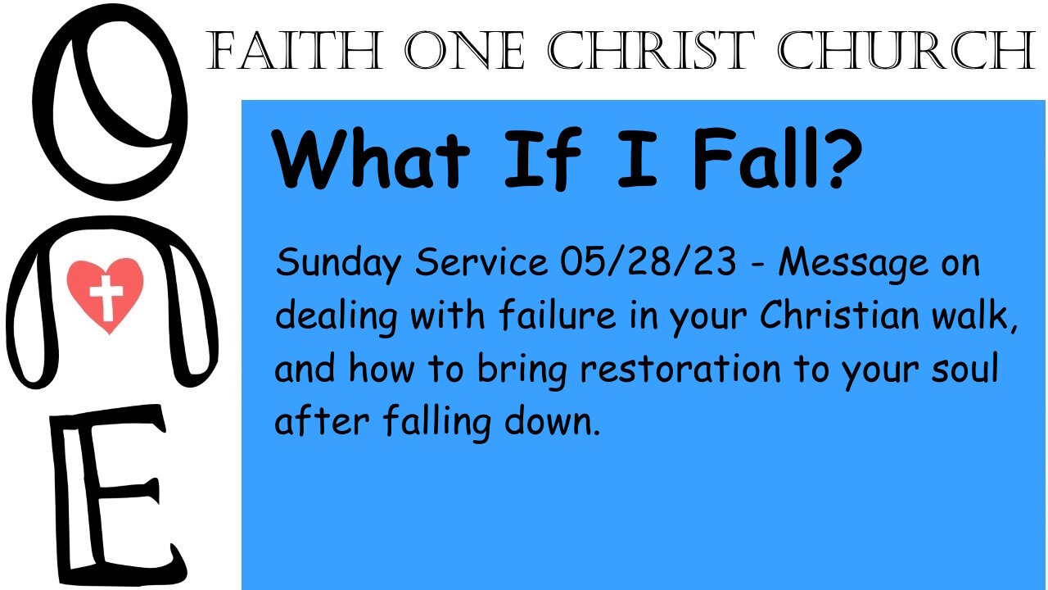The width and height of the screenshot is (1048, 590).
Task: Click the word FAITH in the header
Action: pyautogui.click(x=295, y=51)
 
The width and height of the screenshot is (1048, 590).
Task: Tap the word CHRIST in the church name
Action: pyautogui.click(x=651, y=51)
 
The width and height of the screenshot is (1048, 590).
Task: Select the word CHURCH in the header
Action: pyautogui.click(x=906, y=51)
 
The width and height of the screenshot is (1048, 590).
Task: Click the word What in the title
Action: pyautogui.click(x=371, y=158)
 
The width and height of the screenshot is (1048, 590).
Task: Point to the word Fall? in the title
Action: pyautogui.click(x=777, y=158)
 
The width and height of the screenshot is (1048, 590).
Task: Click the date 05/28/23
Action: pyautogui.click(x=648, y=261)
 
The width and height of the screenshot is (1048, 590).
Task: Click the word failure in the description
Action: pyautogui.click(x=558, y=314)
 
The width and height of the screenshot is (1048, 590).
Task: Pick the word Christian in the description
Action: pyautogui.click(x=839, y=314)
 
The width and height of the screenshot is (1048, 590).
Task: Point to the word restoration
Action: pyautogui.click(x=680, y=368)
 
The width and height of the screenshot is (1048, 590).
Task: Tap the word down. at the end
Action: pyautogui.click(x=552, y=420)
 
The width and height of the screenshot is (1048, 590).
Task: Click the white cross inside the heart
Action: pyautogui.click(x=106, y=297)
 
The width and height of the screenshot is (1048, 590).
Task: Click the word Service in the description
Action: pyautogui.click(x=481, y=261)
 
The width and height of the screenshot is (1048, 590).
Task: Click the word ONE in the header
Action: pyautogui.click(x=464, y=51)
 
